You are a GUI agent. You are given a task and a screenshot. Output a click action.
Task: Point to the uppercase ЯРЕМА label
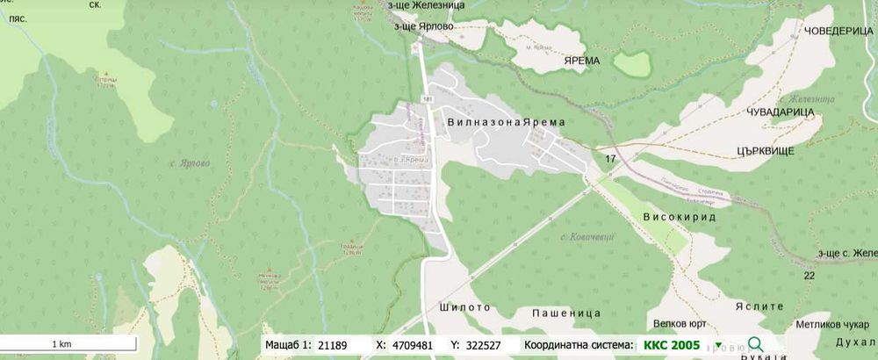(579, 61)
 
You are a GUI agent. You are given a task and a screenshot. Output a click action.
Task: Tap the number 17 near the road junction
(610, 158)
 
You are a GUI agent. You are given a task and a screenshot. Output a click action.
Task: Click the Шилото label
(463, 308)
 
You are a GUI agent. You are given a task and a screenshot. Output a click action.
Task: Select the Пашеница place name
(565, 313)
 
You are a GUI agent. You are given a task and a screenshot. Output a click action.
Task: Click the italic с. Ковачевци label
(587, 238)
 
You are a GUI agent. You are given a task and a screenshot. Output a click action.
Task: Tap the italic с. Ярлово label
(190, 162)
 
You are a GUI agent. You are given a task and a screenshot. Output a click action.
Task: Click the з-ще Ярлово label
(424, 25)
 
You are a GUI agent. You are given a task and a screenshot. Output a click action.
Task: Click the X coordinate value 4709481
(413, 346)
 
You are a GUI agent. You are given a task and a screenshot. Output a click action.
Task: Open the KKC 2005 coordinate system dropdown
(718, 346)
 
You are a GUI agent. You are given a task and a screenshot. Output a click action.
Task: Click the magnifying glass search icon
(755, 345)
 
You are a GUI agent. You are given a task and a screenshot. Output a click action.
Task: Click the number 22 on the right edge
(809, 276)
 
